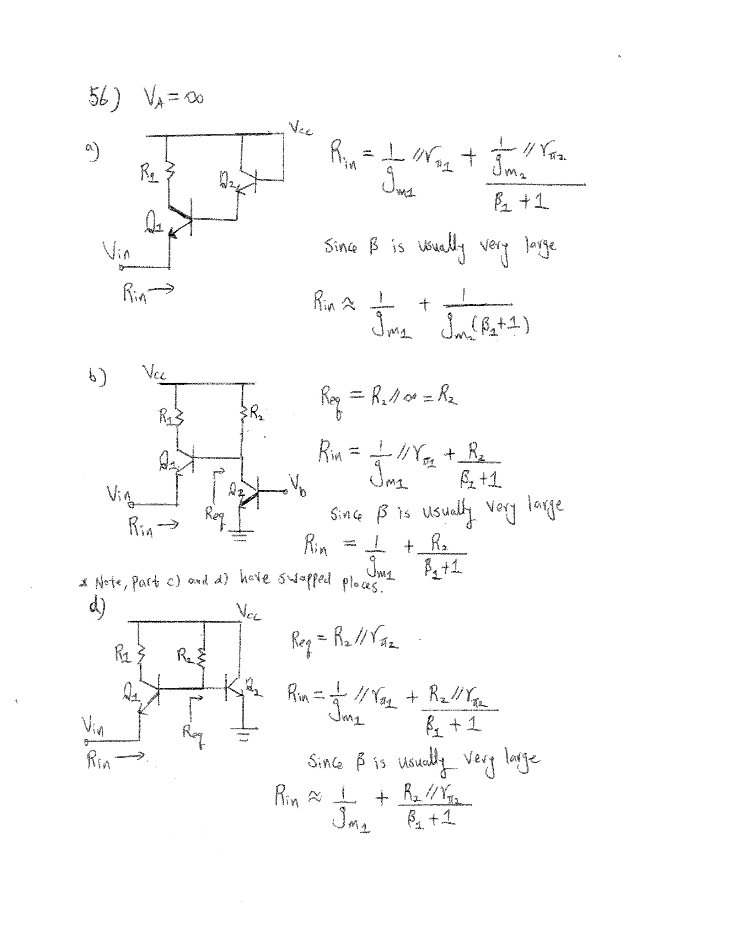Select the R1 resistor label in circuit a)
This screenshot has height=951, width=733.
pos(148,173)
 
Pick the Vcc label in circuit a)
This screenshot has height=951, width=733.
pos(301,128)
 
